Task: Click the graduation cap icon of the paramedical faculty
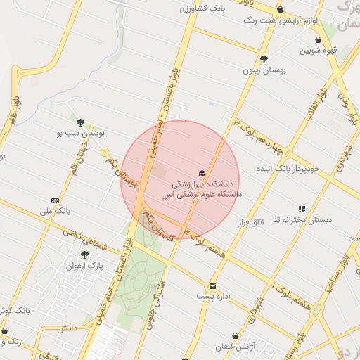point(202,173)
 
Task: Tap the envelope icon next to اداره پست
point(212,286)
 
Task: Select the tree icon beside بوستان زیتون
point(264,59)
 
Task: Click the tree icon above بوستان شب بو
point(80,122)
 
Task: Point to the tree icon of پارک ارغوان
point(84,255)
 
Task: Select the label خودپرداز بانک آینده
point(287,169)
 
